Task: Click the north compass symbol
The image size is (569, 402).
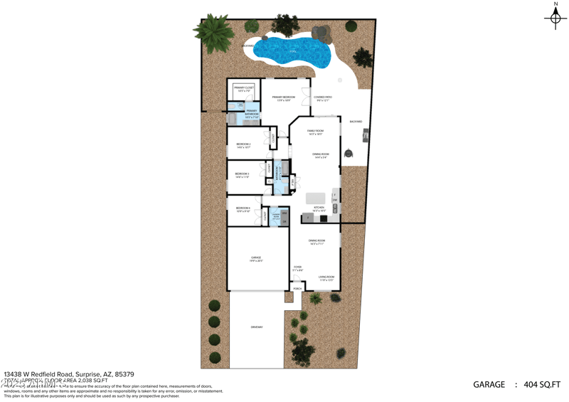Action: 555,18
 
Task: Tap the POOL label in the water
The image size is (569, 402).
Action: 293,51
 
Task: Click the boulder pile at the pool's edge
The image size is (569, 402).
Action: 321,33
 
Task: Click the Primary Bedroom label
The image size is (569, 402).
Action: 283,98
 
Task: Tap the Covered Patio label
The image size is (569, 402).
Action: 324,98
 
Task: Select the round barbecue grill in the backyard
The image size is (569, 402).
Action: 349,154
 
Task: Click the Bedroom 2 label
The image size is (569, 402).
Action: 243,145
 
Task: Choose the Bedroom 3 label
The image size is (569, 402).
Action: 243,175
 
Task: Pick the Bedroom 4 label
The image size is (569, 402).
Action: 243,210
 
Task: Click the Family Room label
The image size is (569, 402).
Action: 315,132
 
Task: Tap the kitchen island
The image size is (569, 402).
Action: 315,198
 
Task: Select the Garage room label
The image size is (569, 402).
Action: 255,258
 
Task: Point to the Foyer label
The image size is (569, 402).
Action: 298,268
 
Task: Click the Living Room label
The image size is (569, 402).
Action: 326,277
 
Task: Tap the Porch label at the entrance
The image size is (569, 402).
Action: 297,289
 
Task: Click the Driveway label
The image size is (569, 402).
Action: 256,327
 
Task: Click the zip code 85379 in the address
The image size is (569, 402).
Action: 124,374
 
